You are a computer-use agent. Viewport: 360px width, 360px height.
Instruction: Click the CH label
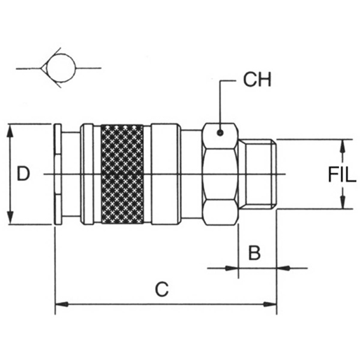[257, 80]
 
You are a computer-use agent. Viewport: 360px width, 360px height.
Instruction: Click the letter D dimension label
[23, 174]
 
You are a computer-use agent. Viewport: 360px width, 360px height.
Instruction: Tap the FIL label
[342, 175]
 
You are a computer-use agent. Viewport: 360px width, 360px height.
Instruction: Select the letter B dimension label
[254, 253]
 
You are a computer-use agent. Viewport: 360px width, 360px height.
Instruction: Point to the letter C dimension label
[161, 289]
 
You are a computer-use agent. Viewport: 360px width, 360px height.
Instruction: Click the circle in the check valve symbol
[61, 68]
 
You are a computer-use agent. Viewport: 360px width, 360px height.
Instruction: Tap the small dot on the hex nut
[220, 133]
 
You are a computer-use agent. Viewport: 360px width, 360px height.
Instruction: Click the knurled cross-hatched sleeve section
[122, 174]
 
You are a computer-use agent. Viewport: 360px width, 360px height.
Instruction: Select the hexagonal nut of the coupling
[220, 174]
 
